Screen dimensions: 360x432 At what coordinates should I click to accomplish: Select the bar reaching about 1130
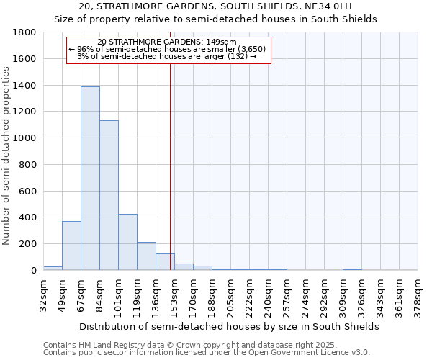point(109,195)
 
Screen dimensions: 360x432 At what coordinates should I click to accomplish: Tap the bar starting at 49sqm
point(71,246)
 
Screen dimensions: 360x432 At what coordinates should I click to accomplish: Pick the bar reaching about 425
point(127,242)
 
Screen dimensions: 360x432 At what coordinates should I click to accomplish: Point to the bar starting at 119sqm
point(146,256)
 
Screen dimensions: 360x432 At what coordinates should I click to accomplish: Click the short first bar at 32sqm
point(53,268)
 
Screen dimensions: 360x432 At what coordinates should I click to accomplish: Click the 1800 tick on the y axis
point(25,32)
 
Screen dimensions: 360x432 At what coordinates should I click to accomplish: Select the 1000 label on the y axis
point(25,138)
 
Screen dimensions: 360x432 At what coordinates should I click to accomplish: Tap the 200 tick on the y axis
point(28,244)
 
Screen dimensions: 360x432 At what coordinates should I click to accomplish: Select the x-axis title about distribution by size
point(229,327)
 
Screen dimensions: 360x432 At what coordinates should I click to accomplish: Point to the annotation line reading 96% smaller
point(167,49)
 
